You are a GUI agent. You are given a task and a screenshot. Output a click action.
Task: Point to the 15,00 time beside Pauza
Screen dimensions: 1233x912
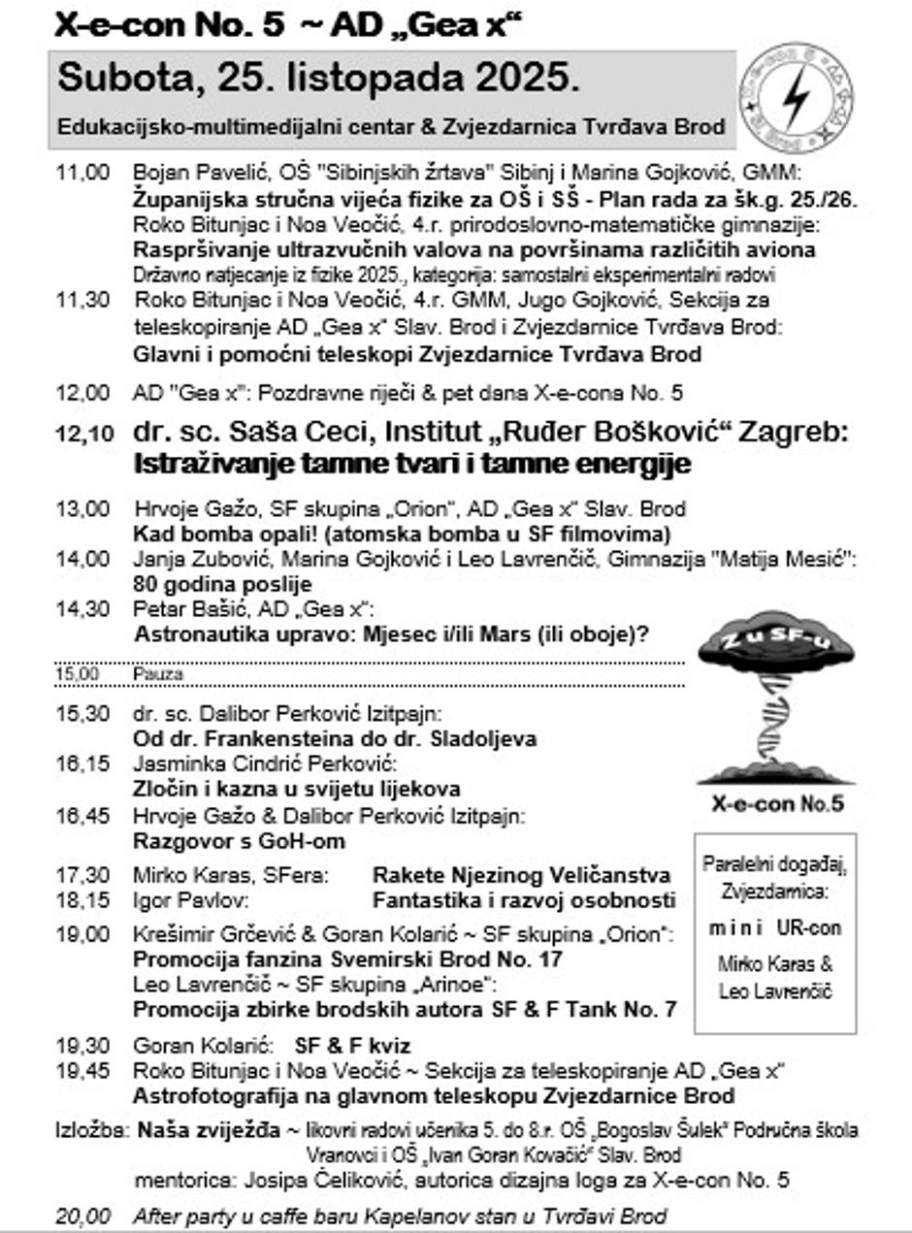pyautogui.click(x=79, y=673)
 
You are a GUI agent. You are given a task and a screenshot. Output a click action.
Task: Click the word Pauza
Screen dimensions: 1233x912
pyautogui.click(x=157, y=673)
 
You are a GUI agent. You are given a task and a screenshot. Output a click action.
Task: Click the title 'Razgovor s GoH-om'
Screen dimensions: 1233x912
pyautogui.click(x=239, y=841)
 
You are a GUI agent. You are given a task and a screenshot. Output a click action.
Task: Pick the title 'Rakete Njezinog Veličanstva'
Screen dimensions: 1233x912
pyautogui.click(x=522, y=875)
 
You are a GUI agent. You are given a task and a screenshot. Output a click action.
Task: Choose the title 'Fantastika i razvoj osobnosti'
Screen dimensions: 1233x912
pyautogui.click(x=524, y=900)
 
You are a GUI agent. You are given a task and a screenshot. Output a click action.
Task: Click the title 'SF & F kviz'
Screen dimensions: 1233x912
pyautogui.click(x=352, y=1046)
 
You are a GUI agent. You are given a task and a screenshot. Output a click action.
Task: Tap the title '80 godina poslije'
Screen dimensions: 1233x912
pyautogui.click(x=222, y=584)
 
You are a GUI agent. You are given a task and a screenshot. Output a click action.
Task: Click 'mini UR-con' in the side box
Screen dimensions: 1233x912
pyautogui.click(x=774, y=927)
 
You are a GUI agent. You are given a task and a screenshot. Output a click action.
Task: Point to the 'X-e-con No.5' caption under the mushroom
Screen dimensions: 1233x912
pyautogui.click(x=777, y=804)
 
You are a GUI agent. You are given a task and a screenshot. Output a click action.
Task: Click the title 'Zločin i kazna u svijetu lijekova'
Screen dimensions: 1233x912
pyautogui.click(x=296, y=789)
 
